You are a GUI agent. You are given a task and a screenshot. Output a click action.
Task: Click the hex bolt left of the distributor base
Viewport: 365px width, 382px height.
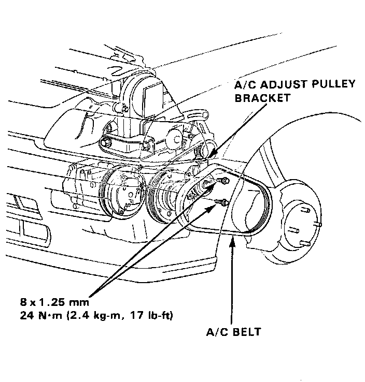coord(108,141)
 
